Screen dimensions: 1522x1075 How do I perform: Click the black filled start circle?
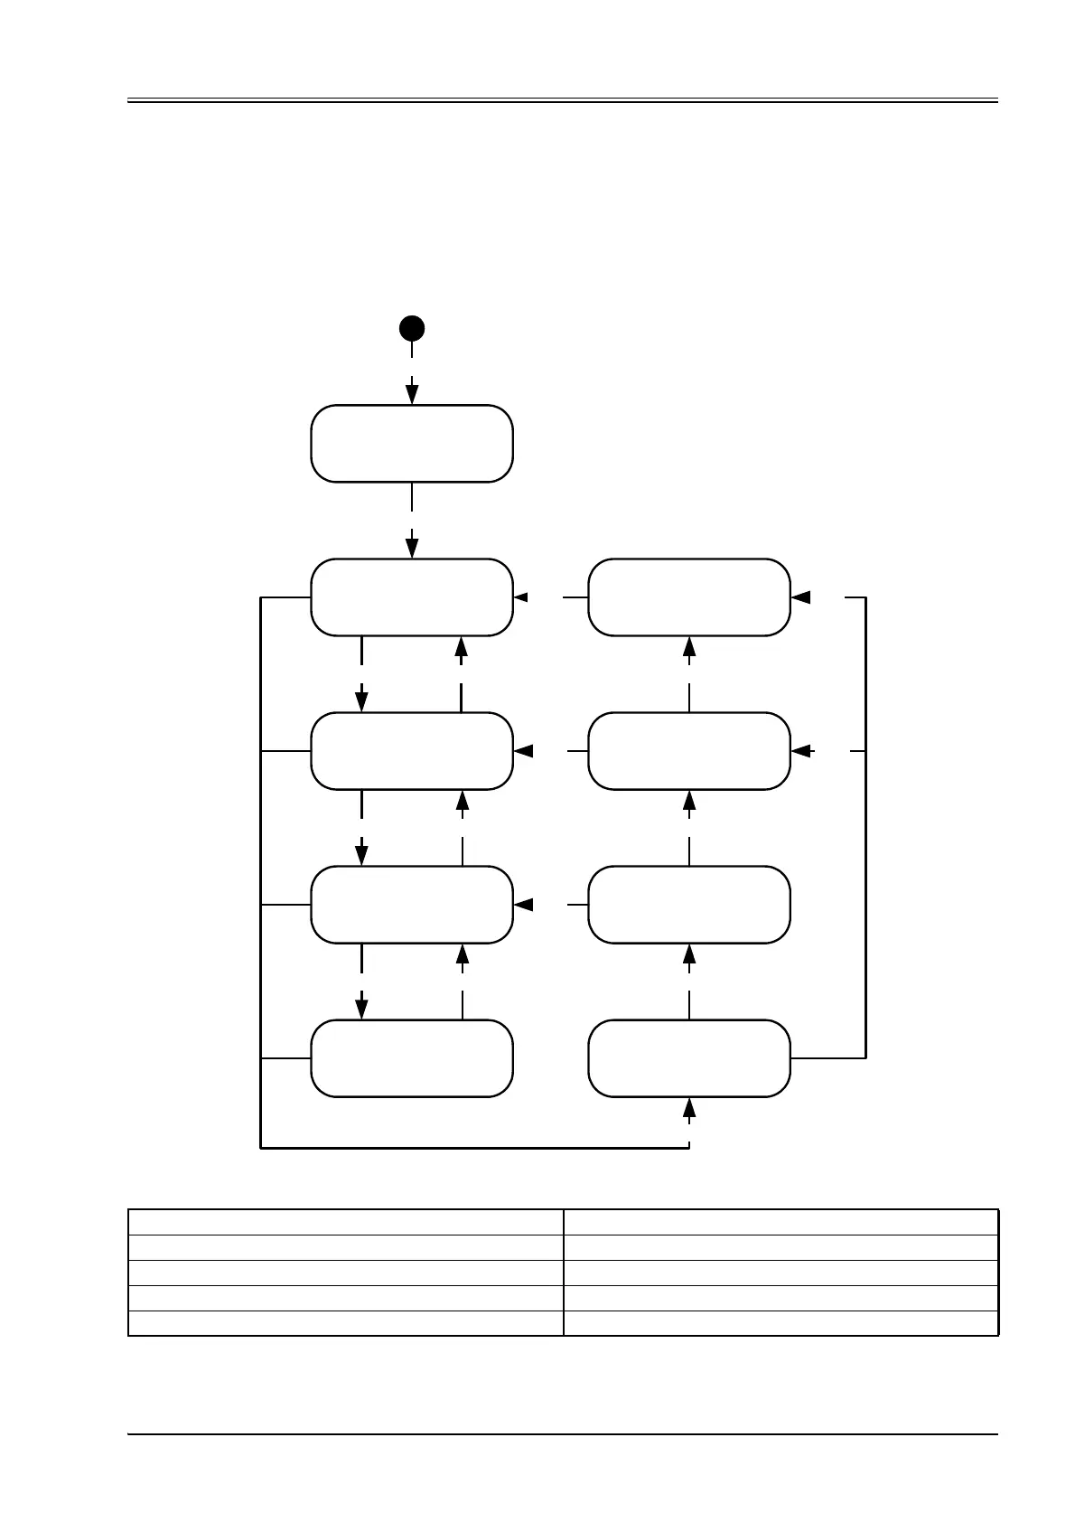tap(412, 328)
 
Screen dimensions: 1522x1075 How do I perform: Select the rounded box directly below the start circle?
tap(412, 444)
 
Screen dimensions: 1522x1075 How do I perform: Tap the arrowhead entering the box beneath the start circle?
tap(412, 395)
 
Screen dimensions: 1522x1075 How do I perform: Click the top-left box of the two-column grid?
tap(412, 597)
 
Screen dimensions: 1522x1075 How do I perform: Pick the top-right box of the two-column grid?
tap(689, 597)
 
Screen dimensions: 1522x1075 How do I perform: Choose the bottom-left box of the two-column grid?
tap(412, 1058)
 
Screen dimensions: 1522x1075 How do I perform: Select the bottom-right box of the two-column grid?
tap(689, 1058)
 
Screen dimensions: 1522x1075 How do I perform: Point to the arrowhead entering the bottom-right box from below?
tap(689, 1108)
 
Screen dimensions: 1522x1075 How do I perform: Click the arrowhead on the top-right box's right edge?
tap(800, 597)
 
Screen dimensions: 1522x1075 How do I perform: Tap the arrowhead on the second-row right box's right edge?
tap(800, 750)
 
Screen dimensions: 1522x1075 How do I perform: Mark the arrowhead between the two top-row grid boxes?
tap(521, 597)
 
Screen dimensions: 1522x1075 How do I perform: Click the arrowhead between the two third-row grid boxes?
tap(523, 905)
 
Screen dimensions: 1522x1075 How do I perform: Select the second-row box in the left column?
tap(412, 751)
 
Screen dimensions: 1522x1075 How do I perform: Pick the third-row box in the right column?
tap(689, 905)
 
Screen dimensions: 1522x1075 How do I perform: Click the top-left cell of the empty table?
tap(345, 1222)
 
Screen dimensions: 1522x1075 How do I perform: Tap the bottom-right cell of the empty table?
tap(781, 1323)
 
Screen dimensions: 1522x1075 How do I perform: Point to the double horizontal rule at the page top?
tap(562, 100)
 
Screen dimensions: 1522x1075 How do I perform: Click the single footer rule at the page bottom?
tap(562, 1434)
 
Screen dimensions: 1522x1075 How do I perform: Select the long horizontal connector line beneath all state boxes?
tap(474, 1148)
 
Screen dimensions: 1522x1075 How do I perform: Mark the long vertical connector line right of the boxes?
tap(865, 827)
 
